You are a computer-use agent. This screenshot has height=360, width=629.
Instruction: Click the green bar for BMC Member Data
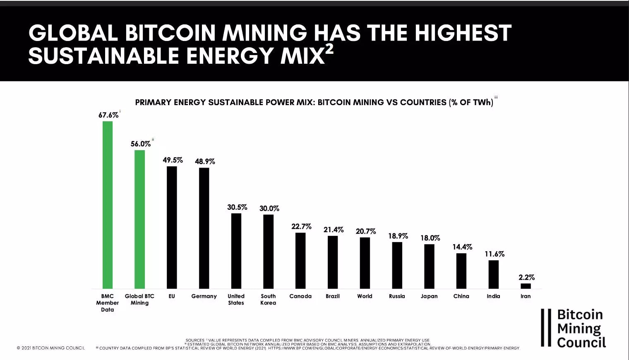(x=108, y=205)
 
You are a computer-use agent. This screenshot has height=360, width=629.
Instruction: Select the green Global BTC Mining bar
(x=140, y=219)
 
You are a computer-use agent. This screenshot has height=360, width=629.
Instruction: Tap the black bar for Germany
(x=204, y=228)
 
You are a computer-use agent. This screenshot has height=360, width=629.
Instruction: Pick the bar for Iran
(x=526, y=286)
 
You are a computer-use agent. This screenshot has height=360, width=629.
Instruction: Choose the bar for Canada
(x=300, y=261)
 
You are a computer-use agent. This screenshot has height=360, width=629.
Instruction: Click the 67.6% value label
(x=108, y=115)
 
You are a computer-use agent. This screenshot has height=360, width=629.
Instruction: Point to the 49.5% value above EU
(x=173, y=160)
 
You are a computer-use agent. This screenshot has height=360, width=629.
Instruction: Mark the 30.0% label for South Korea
(x=269, y=209)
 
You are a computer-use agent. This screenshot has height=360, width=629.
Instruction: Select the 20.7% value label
(x=366, y=231)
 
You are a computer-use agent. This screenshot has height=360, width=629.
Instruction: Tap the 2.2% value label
(x=526, y=277)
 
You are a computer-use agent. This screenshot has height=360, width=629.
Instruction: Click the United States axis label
(x=236, y=300)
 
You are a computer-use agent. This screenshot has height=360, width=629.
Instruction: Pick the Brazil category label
(x=333, y=296)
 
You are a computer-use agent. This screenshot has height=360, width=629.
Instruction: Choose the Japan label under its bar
(x=429, y=296)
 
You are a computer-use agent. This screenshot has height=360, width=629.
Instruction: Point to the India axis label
(x=493, y=296)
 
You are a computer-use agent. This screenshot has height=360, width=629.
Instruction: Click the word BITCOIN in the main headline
(x=170, y=33)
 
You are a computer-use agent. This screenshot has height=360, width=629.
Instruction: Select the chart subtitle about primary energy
(x=314, y=102)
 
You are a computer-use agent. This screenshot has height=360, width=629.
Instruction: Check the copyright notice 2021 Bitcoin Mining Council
(x=51, y=348)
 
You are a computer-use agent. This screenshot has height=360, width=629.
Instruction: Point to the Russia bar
(x=397, y=265)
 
